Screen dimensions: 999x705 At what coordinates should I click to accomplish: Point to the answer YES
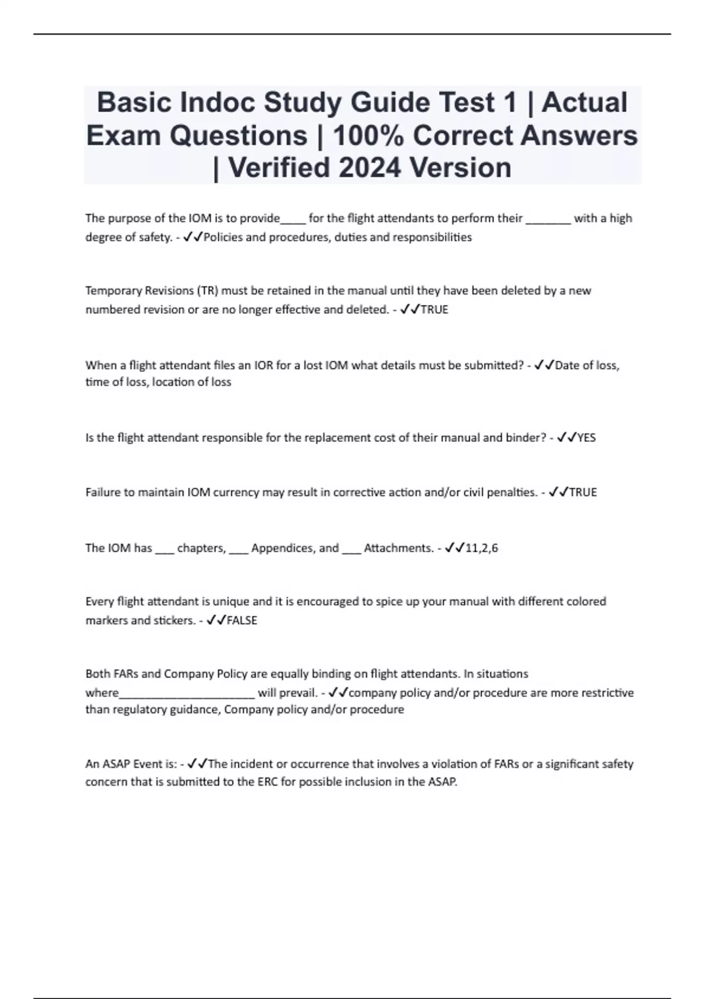(586, 438)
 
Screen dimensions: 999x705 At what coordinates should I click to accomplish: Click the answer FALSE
(242, 621)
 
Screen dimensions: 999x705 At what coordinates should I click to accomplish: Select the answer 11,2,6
(481, 548)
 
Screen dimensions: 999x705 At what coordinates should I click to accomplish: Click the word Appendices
(277, 548)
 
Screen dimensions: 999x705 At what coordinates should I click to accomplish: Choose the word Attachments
(398, 548)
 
